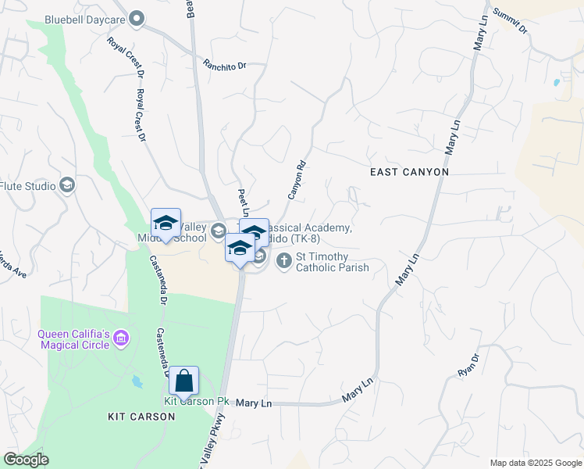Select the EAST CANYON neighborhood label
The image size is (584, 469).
pyautogui.click(x=409, y=172)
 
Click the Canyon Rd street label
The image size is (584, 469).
pyautogui.click(x=295, y=181)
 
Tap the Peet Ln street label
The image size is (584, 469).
pyautogui.click(x=243, y=202)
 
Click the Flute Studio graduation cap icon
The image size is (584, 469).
pyautogui.click(x=68, y=185)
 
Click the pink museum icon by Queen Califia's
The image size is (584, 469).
pyautogui.click(x=121, y=338)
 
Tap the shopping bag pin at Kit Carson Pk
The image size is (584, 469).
pyautogui.click(x=183, y=381)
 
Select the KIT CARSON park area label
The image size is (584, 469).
pyautogui.click(x=141, y=417)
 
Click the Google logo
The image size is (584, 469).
pyautogui.click(x=26, y=460)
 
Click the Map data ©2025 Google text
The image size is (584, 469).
pyautogui.click(x=536, y=463)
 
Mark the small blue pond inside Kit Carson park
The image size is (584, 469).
pyautogui.click(x=138, y=382)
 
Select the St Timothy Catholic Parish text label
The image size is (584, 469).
pyautogui.click(x=332, y=263)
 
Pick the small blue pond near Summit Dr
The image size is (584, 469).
pyautogui.click(x=556, y=81)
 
